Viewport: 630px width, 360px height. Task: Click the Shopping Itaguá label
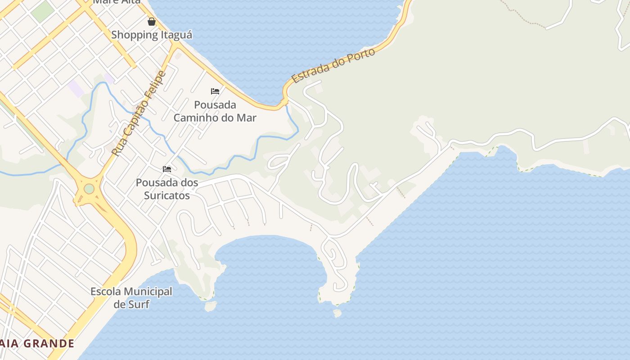click(x=152, y=35)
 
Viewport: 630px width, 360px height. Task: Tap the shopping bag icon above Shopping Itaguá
click(x=152, y=22)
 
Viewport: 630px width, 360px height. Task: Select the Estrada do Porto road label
click(x=333, y=66)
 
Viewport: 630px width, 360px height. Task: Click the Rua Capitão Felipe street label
click(x=139, y=113)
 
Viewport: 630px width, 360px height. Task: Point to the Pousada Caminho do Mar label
click(x=215, y=111)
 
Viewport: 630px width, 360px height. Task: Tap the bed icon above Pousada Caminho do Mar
click(x=215, y=91)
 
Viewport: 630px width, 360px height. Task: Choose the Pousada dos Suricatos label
click(x=167, y=189)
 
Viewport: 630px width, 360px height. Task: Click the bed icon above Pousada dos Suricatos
click(x=167, y=169)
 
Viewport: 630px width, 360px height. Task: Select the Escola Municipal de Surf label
click(x=131, y=297)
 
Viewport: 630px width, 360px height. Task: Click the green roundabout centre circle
click(x=89, y=189)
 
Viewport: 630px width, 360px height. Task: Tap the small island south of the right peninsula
click(x=337, y=313)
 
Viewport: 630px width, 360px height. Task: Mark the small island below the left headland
click(x=210, y=306)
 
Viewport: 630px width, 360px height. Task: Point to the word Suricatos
click(x=167, y=195)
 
